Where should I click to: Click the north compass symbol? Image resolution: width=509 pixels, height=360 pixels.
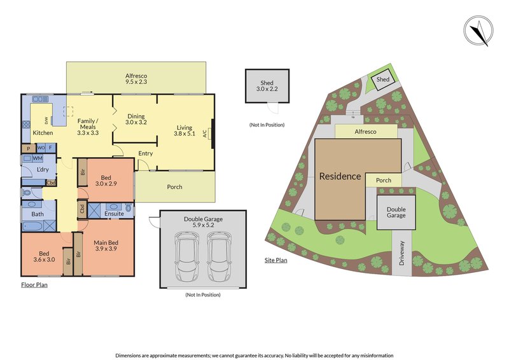tap(478, 32)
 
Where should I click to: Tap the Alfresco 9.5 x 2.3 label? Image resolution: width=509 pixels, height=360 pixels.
tap(136, 79)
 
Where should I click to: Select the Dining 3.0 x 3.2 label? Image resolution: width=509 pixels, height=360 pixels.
tap(136, 119)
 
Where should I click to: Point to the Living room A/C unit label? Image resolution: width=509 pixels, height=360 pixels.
tap(204, 134)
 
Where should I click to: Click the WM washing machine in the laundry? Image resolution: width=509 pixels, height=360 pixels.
tap(38, 158)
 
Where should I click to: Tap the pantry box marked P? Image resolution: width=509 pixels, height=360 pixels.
tap(29, 148)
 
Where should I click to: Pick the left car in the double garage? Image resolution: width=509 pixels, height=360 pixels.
tap(186, 256)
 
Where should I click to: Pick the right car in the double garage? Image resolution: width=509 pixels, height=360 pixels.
tap(220, 256)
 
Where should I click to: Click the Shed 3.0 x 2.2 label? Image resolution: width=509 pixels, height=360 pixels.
tap(267, 86)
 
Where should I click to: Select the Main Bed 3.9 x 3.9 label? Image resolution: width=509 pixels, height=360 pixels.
tap(106, 246)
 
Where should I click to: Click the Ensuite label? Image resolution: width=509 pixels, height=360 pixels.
tap(114, 214)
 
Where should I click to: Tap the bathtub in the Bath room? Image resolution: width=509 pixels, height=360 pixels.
tap(32, 226)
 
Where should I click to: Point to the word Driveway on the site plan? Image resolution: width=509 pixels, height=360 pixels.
tap(402, 253)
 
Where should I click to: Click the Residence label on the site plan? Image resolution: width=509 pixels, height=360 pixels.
tap(340, 176)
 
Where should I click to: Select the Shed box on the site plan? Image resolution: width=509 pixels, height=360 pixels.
tap(383, 80)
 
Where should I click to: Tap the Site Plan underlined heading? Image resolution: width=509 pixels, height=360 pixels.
tap(275, 260)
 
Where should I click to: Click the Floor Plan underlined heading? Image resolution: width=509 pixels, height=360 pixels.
tap(34, 285)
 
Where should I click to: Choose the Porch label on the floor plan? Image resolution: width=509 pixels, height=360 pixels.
tap(174, 187)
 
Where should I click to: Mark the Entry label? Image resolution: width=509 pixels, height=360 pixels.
tap(146, 153)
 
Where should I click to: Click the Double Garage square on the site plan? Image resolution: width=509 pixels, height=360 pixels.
tap(396, 212)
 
